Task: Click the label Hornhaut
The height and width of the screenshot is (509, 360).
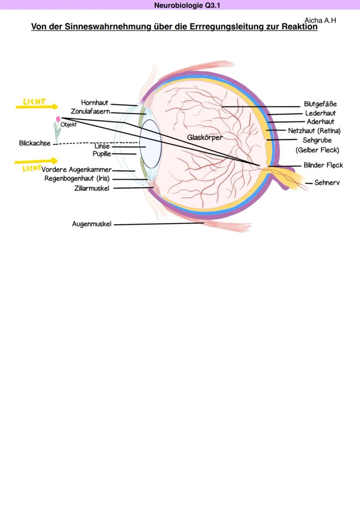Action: point(95,103)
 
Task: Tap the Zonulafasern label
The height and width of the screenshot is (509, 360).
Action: point(90,111)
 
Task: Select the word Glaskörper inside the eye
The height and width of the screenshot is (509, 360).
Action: point(205,137)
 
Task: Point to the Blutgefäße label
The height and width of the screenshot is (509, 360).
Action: point(320,104)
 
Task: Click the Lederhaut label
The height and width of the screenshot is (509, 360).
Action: point(320,113)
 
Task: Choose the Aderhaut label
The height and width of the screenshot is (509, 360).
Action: point(320,122)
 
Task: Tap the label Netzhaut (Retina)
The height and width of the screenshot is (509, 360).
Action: point(314,130)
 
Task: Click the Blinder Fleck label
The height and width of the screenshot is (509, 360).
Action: point(323,165)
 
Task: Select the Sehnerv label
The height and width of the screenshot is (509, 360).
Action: point(327,183)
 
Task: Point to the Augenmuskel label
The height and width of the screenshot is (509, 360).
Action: point(92,224)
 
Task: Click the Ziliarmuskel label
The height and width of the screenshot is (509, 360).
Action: point(92,188)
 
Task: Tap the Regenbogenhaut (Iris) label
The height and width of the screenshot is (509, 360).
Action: point(77,179)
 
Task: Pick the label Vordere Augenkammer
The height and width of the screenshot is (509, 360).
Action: point(77,170)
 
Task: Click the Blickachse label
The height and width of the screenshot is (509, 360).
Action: point(35,143)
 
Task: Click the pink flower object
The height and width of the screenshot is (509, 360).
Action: point(58,119)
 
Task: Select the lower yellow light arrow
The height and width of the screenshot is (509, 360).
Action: point(37,161)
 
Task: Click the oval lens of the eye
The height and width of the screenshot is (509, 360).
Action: point(150,144)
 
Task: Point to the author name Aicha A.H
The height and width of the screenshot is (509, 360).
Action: point(320,20)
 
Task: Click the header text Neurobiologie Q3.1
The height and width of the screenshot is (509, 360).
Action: point(181,6)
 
